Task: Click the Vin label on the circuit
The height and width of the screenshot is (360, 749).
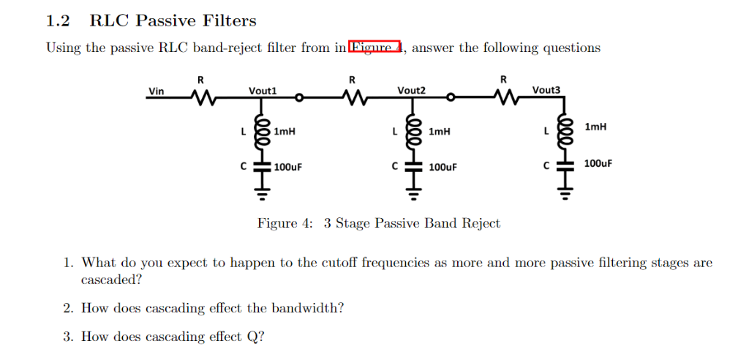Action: coord(157,91)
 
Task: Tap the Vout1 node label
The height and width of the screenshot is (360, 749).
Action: coord(263,91)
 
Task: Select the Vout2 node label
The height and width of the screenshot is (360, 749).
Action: coord(411,91)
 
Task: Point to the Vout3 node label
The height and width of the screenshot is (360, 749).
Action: coord(546,90)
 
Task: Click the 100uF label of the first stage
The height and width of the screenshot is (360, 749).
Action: coord(287,167)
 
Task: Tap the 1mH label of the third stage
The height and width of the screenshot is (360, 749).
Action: coord(596,127)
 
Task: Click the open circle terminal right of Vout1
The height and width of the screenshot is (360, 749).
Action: coord(299,97)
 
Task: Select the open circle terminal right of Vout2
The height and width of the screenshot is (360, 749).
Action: coord(451,97)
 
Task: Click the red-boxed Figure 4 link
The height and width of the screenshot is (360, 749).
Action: coord(375,48)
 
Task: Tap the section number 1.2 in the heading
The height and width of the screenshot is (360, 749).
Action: coord(58,21)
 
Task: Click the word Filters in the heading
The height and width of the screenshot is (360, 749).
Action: coord(231,21)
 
